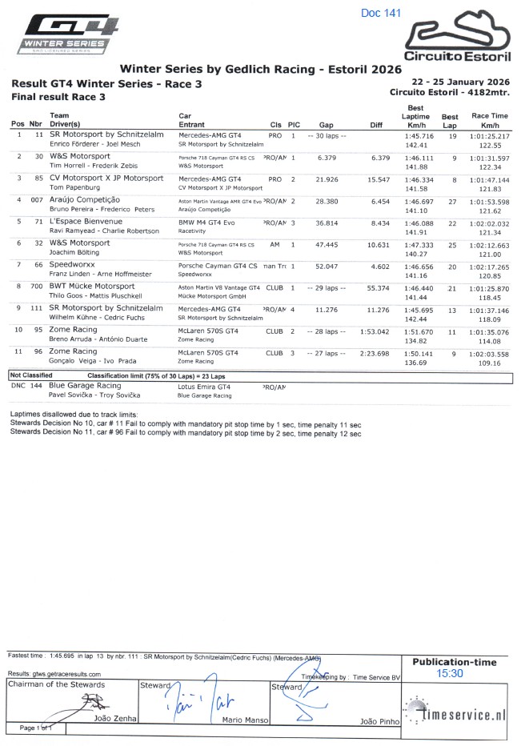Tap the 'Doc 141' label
(381, 13)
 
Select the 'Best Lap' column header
(450, 121)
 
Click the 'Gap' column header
(326, 125)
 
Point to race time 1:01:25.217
(490, 136)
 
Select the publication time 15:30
(449, 674)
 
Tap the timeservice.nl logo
(455, 714)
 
